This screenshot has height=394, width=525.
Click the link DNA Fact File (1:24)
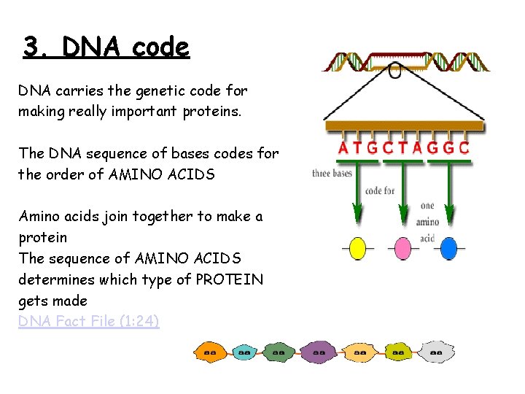[x=89, y=321]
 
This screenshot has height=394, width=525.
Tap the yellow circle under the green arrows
[x=357, y=249]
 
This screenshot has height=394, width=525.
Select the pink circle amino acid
[x=403, y=249]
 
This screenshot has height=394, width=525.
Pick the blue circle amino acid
[x=449, y=249]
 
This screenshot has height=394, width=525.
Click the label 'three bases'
[x=332, y=174]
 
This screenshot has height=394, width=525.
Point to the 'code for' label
[x=379, y=191]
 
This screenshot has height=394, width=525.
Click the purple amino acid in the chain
[x=318, y=352]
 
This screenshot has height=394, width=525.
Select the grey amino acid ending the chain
[x=436, y=352]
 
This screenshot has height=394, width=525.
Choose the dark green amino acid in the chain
[x=279, y=352]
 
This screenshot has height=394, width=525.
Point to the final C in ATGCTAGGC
[x=464, y=148]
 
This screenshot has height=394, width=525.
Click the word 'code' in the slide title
[x=162, y=47]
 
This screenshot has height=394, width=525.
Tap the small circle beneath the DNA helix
[x=395, y=72]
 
